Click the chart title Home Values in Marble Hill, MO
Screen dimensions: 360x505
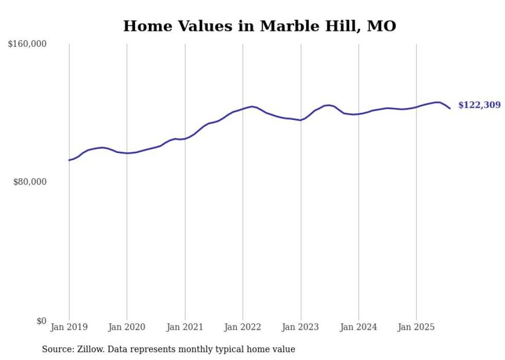pos(259,26)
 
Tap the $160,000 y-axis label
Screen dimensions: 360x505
pos(27,44)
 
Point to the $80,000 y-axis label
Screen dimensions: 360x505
pos(29,182)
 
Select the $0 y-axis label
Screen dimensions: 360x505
pos(41,321)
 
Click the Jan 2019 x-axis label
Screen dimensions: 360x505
pos(69,327)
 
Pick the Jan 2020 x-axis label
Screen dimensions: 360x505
pos(127,327)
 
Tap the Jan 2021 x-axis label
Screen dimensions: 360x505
pos(185,327)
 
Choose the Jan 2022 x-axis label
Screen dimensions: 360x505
pos(243,327)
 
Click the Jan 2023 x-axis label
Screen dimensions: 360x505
pos(301,327)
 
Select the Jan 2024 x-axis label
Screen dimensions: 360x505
pos(359,327)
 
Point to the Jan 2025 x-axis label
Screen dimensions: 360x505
pos(416,327)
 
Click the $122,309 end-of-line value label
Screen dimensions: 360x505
pos(479,105)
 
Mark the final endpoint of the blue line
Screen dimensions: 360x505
pos(450,108)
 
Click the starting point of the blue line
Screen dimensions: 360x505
pos(69,160)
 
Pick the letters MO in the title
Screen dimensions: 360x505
pos(381,26)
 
